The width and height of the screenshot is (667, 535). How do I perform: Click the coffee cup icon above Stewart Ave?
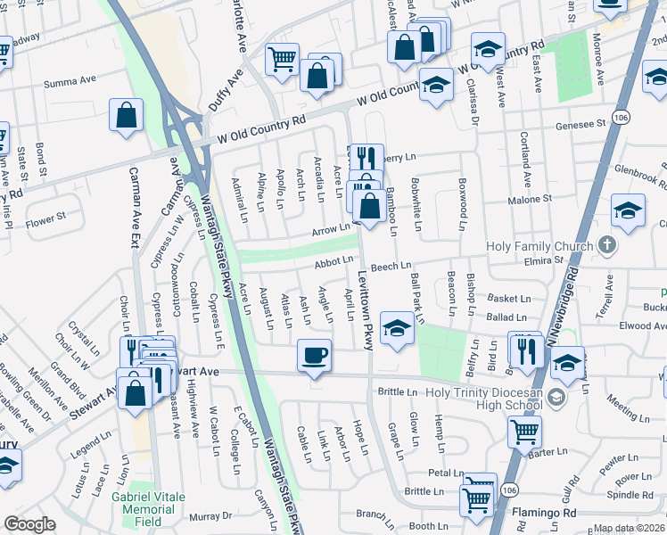[x=313, y=357]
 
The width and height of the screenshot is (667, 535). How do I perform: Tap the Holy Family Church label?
[x=539, y=247]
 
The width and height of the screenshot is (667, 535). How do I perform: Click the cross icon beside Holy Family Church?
[x=606, y=244]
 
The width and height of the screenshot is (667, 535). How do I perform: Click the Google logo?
[x=29, y=525]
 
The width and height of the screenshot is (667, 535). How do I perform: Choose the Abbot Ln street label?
[x=334, y=264]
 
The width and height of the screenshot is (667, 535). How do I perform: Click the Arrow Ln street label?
[x=330, y=230]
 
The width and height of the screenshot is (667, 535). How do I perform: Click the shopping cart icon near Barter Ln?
[x=524, y=432]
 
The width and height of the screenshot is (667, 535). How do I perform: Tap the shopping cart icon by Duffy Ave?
[x=283, y=60]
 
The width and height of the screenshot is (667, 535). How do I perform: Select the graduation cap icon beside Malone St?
[x=628, y=212]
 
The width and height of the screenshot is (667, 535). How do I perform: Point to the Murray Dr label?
[x=210, y=515]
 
